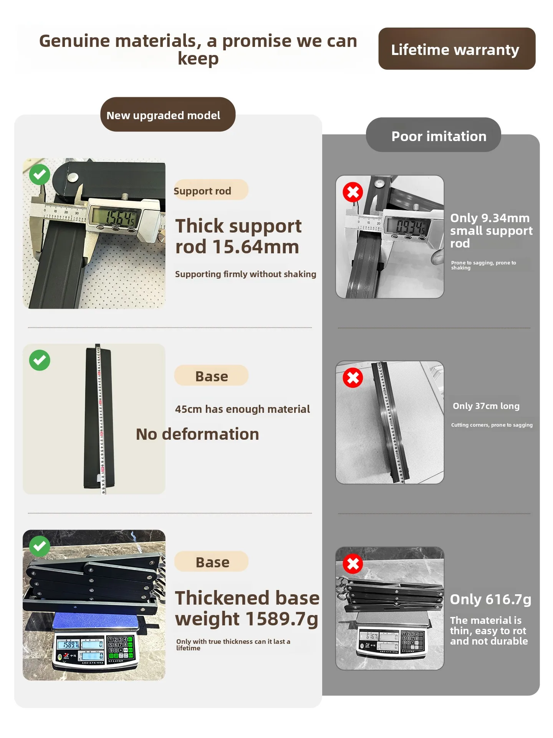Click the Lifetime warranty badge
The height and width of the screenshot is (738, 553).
click(457, 49)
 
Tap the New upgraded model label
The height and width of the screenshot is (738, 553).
click(168, 115)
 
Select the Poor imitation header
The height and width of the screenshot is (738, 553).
click(434, 135)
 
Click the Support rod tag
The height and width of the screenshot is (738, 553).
click(211, 190)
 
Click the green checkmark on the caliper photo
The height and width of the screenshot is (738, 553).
click(40, 175)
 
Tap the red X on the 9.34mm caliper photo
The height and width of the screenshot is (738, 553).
click(353, 192)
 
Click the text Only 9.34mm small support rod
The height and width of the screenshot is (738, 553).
click(491, 231)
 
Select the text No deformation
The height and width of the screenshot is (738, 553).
click(197, 434)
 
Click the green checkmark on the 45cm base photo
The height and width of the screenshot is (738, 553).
click(40, 361)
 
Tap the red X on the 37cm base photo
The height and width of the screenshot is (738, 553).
click(353, 378)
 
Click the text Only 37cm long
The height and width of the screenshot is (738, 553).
click(486, 406)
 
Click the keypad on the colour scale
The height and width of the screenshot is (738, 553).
click(120, 647)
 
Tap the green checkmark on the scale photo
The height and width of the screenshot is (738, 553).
click(40, 546)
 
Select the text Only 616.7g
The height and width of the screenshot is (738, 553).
click(490, 599)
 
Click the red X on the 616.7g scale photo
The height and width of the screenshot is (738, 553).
click(353, 564)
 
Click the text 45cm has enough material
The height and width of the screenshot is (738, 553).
click(242, 409)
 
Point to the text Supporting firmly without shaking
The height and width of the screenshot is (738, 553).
click(246, 274)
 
